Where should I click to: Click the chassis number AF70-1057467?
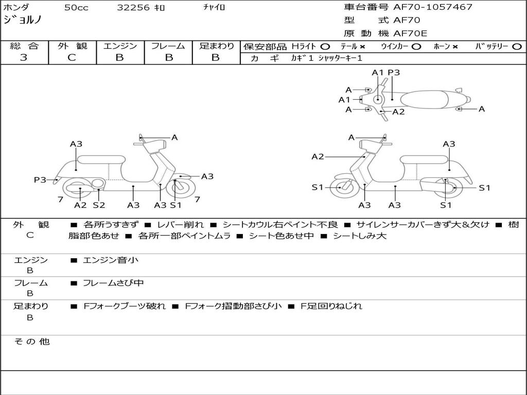(433, 7)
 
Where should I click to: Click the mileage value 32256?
(133, 7)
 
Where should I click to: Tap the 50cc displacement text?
(76, 7)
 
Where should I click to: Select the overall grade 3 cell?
(24, 58)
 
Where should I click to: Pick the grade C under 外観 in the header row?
(72, 58)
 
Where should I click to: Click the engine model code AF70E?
(410, 33)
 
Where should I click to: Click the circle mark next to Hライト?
(325, 47)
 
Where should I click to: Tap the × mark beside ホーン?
(455, 47)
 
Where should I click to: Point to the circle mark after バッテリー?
(517, 47)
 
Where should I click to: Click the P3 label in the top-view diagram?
(394, 73)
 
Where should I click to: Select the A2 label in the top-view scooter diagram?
(398, 112)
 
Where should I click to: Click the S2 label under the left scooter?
(99, 205)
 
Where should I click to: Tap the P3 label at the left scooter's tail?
(40, 180)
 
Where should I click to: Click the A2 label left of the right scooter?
(318, 156)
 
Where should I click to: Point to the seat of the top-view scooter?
(424, 99)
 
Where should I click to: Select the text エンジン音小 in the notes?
(110, 260)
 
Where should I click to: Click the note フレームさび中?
(113, 283)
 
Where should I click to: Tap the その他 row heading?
(31, 342)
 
